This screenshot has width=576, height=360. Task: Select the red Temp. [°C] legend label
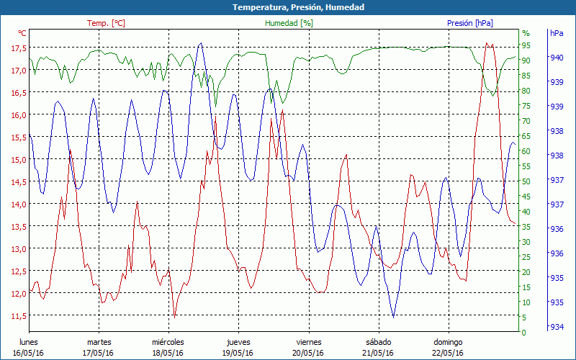[106, 23]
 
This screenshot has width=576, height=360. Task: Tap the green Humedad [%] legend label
[289, 23]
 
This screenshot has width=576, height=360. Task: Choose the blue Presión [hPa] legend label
[469, 23]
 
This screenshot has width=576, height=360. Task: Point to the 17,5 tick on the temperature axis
[19, 48]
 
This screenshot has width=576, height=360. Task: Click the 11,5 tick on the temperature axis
[19, 315]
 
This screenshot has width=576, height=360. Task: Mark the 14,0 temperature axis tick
[19, 204]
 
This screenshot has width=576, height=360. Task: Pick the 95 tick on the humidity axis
[526, 45]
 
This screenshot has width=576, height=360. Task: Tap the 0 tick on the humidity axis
[523, 332]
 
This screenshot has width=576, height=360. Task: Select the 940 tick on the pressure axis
[556, 58]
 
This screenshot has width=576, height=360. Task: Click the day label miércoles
[168, 342]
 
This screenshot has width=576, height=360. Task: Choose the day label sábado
[378, 342]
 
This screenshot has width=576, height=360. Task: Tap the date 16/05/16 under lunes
[28, 353]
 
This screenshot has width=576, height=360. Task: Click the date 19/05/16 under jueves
[238, 353]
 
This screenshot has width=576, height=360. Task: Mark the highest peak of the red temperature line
[487, 43]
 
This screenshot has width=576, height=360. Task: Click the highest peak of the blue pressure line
[200, 43]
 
